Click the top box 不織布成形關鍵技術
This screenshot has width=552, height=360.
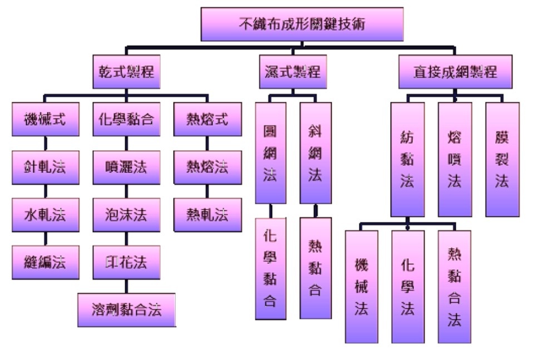point(302,24)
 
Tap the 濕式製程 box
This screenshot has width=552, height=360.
point(292,72)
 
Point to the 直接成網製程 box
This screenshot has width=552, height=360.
point(455,72)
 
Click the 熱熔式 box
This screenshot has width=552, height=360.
point(208,119)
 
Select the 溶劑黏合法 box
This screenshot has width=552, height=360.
point(127,310)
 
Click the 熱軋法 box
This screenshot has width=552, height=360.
point(208,215)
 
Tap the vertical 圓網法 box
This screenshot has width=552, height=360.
point(270,152)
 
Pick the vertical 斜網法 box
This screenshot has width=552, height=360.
point(316,152)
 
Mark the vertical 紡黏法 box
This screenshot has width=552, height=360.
point(407,159)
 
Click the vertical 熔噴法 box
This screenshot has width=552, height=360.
point(455,159)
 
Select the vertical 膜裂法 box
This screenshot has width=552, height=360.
point(502,159)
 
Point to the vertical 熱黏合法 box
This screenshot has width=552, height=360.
point(454,287)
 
